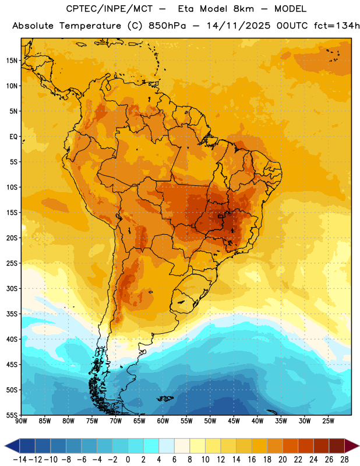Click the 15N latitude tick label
click(x=12, y=61)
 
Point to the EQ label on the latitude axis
click(x=13, y=137)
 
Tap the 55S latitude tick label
click(x=12, y=415)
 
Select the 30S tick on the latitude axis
click(x=12, y=288)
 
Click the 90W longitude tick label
click(x=21, y=421)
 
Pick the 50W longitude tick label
click(x=210, y=421)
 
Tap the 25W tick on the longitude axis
click(x=328, y=421)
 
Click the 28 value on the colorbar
click(x=344, y=460)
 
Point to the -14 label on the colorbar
click(x=20, y=460)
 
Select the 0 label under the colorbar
click(x=128, y=460)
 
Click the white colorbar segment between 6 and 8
click(x=182, y=446)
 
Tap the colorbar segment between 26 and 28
click(x=337, y=446)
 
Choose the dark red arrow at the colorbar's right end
click(x=351, y=446)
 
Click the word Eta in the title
click(x=186, y=9)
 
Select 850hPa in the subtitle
click(x=167, y=26)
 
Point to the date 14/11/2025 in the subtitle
click(x=238, y=26)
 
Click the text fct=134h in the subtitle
click(x=337, y=26)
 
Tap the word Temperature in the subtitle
click(x=90, y=26)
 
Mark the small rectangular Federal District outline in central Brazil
click(x=220, y=216)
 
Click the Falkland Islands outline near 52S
click(x=165, y=398)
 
